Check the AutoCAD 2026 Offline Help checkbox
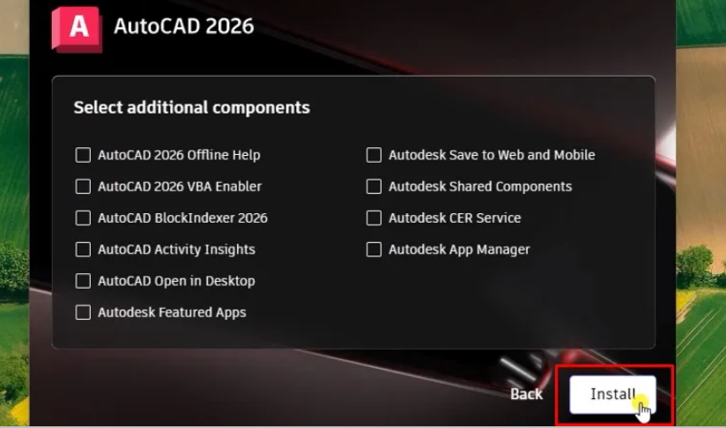(x=83, y=155)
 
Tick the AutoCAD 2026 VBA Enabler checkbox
(x=83, y=187)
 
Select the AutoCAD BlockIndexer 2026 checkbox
(x=83, y=218)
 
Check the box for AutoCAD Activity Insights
(x=83, y=249)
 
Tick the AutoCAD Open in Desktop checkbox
(x=83, y=281)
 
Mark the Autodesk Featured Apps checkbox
(x=83, y=313)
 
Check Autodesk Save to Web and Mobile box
(x=374, y=155)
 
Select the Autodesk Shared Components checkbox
(x=374, y=187)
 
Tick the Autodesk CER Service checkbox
(x=374, y=218)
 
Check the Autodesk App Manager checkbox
(x=374, y=249)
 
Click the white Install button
(x=612, y=395)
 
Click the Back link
(x=526, y=395)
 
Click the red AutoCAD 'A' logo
(x=77, y=29)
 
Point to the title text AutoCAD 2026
(x=184, y=26)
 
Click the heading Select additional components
(x=192, y=107)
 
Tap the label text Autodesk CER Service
(x=455, y=218)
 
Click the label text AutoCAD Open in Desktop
(x=176, y=281)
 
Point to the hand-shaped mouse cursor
(x=643, y=412)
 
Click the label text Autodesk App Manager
(x=459, y=250)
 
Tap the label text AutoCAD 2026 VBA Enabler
(x=180, y=187)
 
